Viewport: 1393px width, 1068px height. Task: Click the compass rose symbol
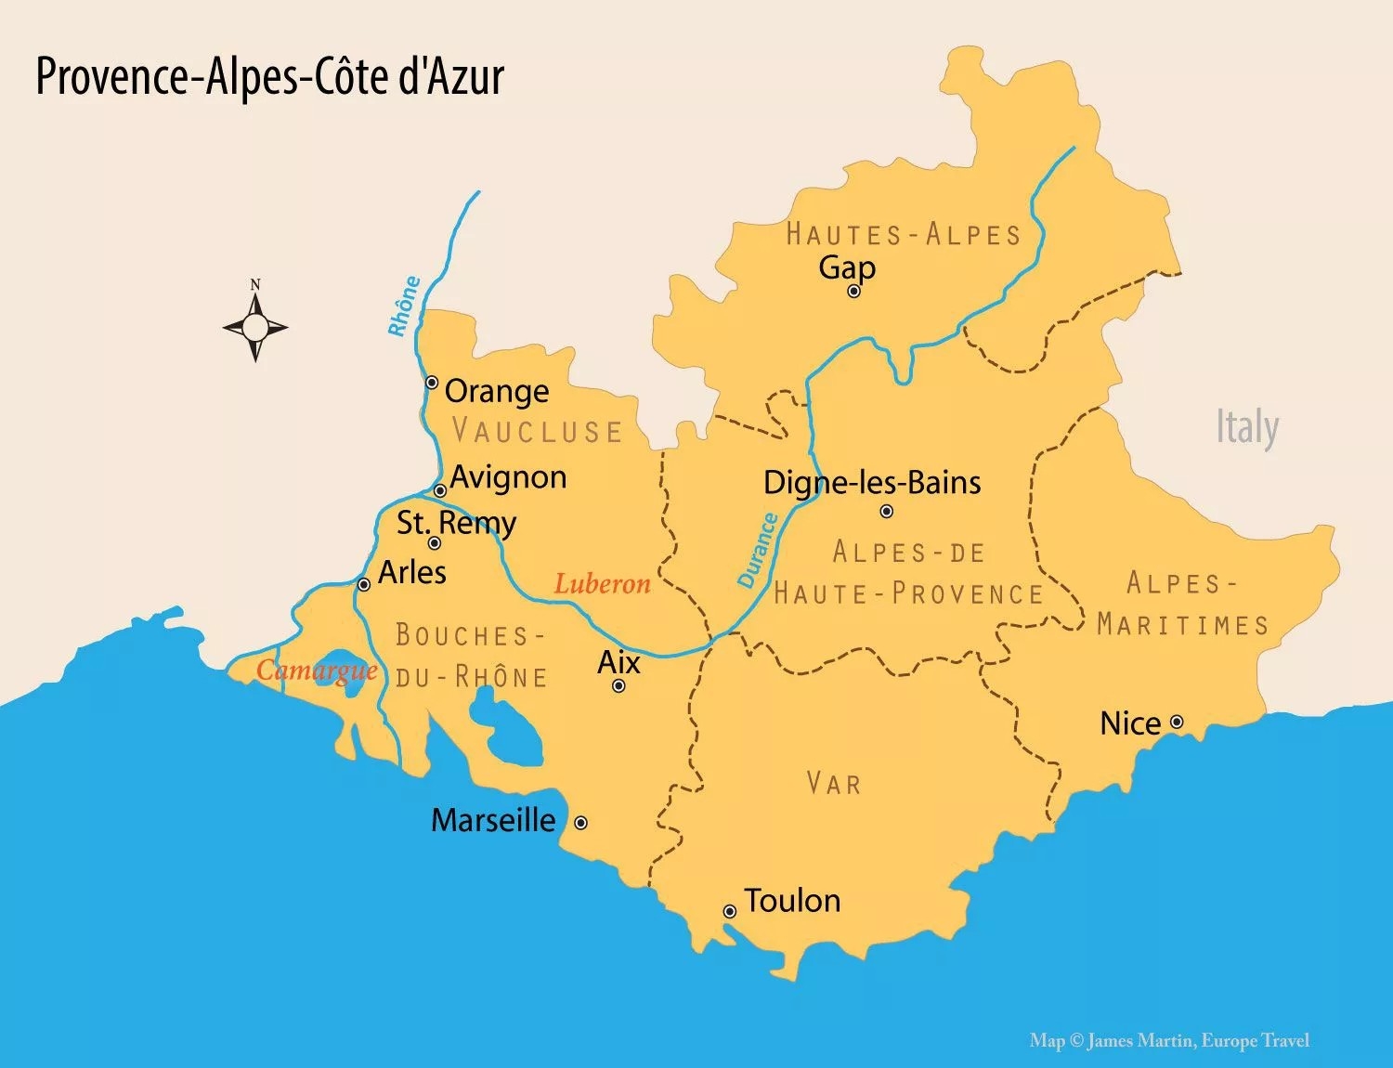point(255,327)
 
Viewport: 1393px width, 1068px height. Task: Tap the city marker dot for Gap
point(853,292)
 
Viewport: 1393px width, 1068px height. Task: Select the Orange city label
point(496,391)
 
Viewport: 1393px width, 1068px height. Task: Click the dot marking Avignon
point(440,490)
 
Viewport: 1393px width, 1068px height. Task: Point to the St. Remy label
point(456,523)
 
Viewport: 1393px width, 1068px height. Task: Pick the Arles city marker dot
point(364,584)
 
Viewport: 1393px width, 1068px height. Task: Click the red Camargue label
point(317,670)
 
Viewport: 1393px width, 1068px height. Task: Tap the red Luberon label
point(602,583)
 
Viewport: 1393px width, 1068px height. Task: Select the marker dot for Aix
point(618,686)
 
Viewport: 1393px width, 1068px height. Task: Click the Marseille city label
point(493,820)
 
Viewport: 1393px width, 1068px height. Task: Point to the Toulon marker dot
point(730,912)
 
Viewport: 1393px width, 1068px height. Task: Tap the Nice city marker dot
point(1177,722)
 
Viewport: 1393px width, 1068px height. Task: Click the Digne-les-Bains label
point(871,482)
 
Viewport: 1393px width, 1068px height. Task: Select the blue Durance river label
point(757,550)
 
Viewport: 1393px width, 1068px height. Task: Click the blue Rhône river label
point(404,306)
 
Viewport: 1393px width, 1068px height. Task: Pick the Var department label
point(834,784)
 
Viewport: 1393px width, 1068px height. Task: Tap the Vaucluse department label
point(537,431)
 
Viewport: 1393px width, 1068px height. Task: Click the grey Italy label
point(1247,427)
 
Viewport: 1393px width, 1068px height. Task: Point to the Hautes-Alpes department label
point(903,234)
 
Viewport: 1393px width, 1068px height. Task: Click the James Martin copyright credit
point(1169,1041)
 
